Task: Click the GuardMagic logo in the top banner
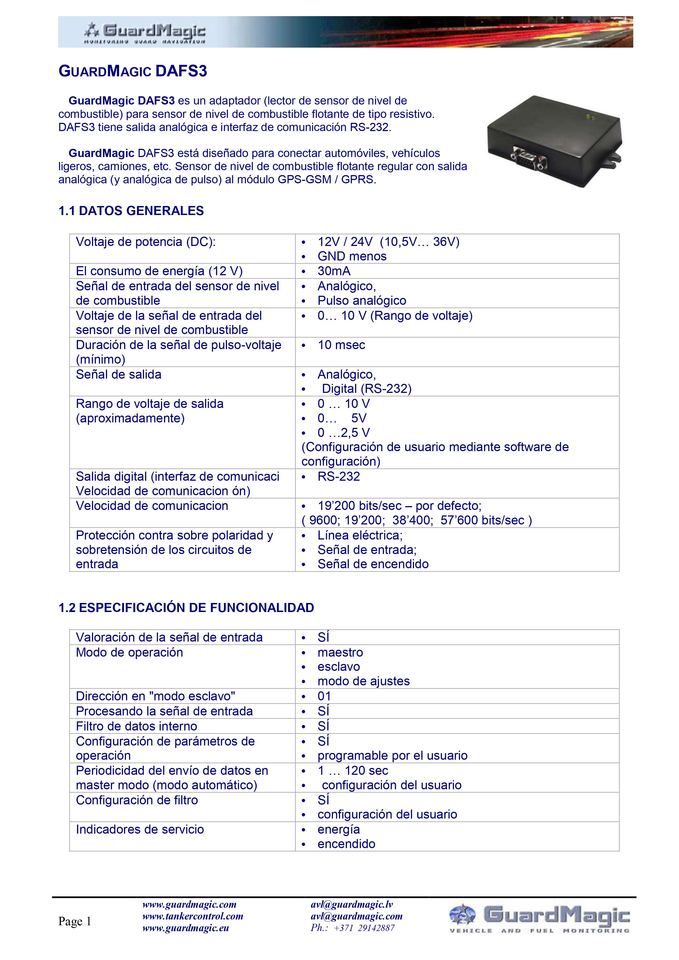[144, 33]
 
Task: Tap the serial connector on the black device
[528, 158]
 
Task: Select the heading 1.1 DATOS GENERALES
[131, 211]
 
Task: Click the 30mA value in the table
[334, 271]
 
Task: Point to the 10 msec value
[341, 345]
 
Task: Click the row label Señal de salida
[118, 374]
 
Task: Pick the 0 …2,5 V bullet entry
[344, 432]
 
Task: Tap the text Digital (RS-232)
[367, 389]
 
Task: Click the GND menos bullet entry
[352, 256]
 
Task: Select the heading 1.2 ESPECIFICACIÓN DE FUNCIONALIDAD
[186, 608]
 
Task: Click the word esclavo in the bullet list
[338, 666]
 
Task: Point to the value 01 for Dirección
[324, 696]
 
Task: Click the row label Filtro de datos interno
[136, 726]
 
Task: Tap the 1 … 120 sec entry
[353, 771]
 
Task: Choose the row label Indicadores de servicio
[140, 830]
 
